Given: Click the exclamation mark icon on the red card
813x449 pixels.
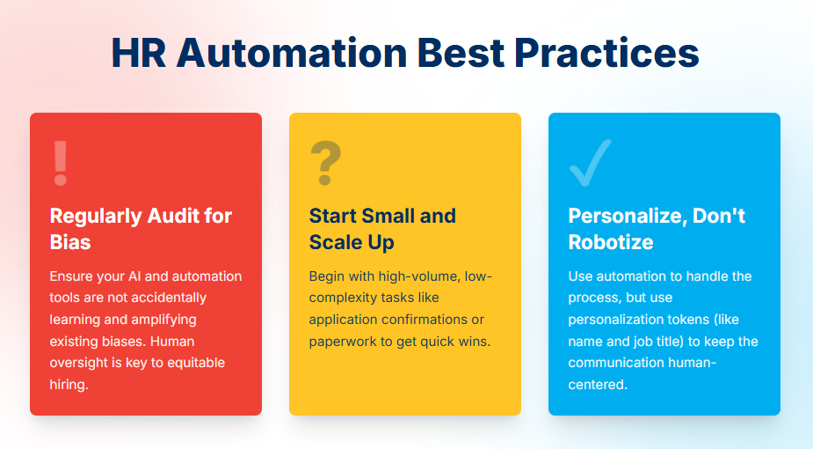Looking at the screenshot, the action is click(x=61, y=163).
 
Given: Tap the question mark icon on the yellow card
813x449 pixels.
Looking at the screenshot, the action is click(x=325, y=163).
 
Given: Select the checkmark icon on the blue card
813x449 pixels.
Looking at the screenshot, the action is click(x=590, y=163).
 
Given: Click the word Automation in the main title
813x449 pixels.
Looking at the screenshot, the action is click(x=292, y=53).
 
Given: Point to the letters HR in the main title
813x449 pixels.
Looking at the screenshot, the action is click(x=139, y=53).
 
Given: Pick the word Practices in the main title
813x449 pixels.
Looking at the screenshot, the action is click(x=606, y=53).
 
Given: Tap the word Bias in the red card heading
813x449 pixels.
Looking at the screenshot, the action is click(x=70, y=242).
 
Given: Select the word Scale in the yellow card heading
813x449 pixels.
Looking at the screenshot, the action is click(x=334, y=242).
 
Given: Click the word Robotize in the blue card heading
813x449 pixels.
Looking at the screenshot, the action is click(x=611, y=242).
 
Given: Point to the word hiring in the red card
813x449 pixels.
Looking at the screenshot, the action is click(x=68, y=385).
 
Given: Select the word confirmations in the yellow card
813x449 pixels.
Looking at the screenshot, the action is click(x=424, y=320).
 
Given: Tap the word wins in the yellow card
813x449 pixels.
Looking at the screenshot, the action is click(x=475, y=342).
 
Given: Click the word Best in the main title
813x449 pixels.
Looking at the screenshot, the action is click(x=461, y=53).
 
